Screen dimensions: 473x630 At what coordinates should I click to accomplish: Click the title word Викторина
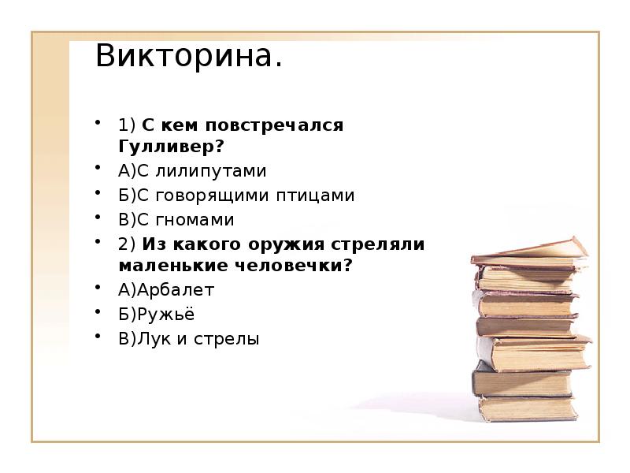(188, 56)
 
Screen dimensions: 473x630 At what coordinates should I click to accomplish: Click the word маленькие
(166, 266)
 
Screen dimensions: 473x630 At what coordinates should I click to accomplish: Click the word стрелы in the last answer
(232, 339)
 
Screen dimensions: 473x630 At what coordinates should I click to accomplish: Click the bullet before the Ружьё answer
(98, 312)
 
